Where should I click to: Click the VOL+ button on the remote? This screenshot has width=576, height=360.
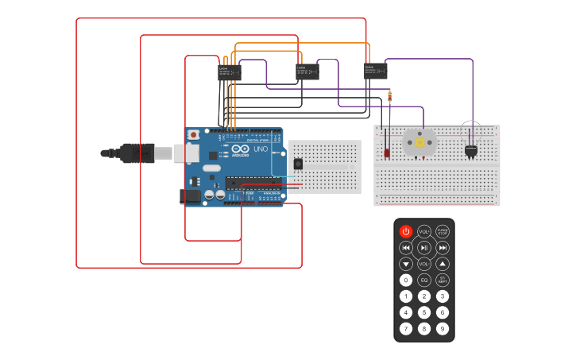pos(424,231)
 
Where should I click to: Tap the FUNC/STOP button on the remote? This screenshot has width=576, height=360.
pos(443,231)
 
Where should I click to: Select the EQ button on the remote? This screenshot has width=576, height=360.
pos(424,280)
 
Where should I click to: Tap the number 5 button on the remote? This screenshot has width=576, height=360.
pos(424,312)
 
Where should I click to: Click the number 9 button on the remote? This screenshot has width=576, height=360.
pos(443,328)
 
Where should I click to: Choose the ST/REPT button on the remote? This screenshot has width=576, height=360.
pos(443,280)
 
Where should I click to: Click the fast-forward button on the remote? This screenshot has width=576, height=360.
pos(443,247)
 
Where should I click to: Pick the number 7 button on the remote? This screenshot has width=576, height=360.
pos(406,328)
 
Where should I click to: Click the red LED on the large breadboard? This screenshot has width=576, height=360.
pos(387,152)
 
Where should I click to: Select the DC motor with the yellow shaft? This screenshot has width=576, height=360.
pos(419,141)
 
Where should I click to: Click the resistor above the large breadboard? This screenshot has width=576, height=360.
pos(389,96)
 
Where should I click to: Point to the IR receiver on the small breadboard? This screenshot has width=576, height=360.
pos(298,163)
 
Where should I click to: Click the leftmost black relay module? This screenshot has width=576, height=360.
pos(230,72)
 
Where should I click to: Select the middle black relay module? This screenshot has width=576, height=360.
pos(307,72)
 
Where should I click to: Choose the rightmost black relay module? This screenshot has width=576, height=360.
pos(376,72)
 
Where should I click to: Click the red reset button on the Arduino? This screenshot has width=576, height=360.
pos(193,135)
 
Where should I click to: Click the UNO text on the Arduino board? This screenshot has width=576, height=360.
pos(261,149)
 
